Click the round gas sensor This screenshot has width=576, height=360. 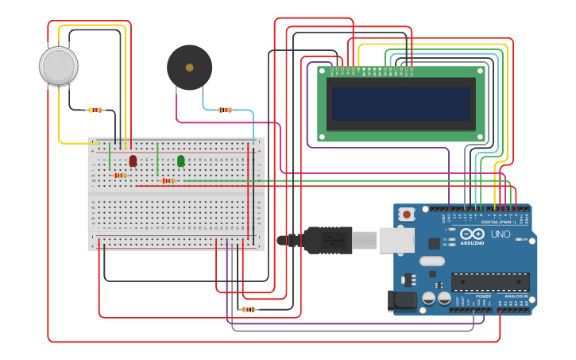(x=59, y=66)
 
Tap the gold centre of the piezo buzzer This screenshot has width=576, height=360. (x=189, y=68)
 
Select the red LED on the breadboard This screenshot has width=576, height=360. (x=133, y=161)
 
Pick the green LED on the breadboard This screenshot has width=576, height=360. (x=181, y=161)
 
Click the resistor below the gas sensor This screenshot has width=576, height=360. (x=96, y=110)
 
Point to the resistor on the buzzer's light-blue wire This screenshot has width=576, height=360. (x=225, y=110)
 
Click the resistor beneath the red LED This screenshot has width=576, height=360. (x=120, y=175)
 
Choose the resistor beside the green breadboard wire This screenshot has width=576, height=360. (x=168, y=180)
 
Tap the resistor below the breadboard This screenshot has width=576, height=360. (x=249, y=309)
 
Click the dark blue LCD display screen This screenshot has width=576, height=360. (x=401, y=104)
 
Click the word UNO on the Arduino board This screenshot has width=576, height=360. (x=501, y=234)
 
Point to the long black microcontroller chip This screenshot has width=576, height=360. (x=490, y=282)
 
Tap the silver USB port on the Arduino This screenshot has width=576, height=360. (x=395, y=240)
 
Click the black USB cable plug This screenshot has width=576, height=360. (x=326, y=239)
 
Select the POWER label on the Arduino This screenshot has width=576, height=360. (x=483, y=296)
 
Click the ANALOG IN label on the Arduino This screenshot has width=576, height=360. (x=515, y=296)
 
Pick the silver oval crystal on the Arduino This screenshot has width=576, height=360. (x=431, y=261)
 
